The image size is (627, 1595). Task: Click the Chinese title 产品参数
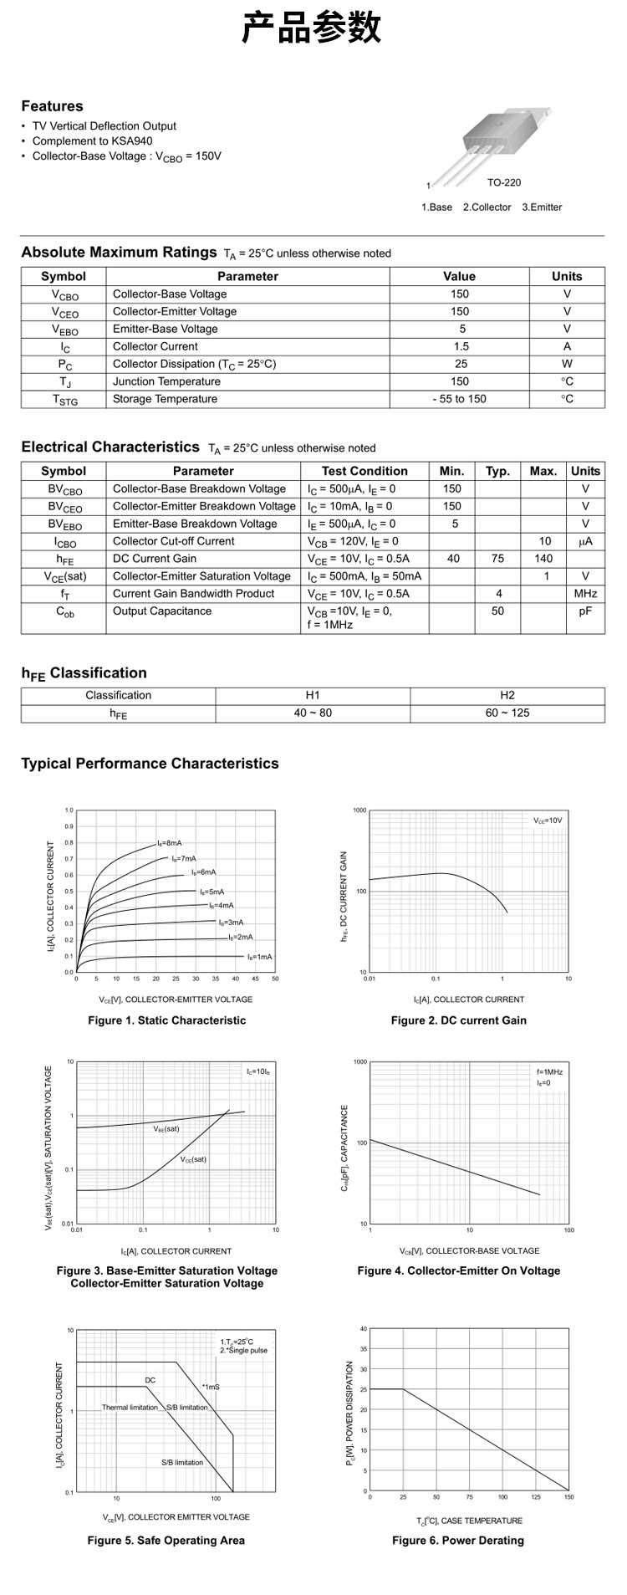(x=312, y=28)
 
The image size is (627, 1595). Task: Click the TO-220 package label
(x=503, y=182)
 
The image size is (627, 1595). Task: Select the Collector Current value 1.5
(x=460, y=346)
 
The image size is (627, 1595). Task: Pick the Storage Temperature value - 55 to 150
(x=459, y=399)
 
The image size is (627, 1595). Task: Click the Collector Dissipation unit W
(x=567, y=364)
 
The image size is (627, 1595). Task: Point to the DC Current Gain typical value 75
(x=497, y=559)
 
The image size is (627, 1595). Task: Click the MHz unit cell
(x=585, y=594)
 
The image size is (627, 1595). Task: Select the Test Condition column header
(x=364, y=471)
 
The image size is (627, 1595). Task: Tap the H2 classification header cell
(x=507, y=695)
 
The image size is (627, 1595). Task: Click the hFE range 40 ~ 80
(x=313, y=713)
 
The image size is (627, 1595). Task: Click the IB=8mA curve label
(x=169, y=843)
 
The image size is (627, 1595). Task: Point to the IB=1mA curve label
(x=259, y=957)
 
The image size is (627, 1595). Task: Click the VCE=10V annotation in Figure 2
(x=548, y=821)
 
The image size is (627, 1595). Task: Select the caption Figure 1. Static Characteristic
(x=167, y=1020)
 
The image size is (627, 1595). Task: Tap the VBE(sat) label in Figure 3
(x=166, y=1129)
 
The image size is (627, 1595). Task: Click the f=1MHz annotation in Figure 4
(x=549, y=1071)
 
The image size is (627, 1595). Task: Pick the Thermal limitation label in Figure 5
(x=130, y=1407)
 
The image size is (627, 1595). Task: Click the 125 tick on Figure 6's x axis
(x=535, y=1497)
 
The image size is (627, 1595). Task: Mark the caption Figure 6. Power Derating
(x=458, y=1540)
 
